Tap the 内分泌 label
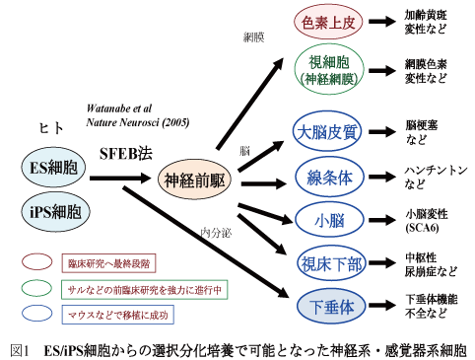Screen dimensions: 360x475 coord(214,233)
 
